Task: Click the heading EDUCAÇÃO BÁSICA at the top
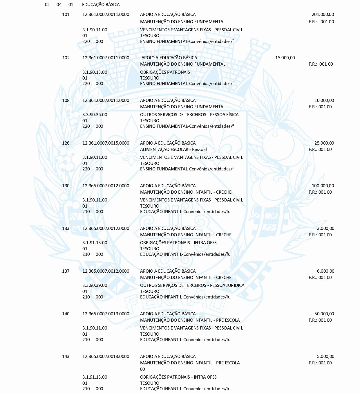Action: pyautogui.click(x=101, y=5)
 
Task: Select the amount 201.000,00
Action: pyautogui.click(x=323, y=15)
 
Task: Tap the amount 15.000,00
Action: pyautogui.click(x=285, y=58)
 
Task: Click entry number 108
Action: pyautogui.click(x=66, y=100)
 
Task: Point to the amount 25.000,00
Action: pyautogui.click(x=324, y=143)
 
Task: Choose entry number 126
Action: pyautogui.click(x=66, y=143)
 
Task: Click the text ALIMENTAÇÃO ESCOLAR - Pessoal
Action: pyautogui.click(x=173, y=150)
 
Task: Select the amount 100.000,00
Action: pyautogui.click(x=323, y=186)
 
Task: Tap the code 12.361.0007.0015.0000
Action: pyautogui.click(x=106, y=143)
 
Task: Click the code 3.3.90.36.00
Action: pyautogui.click(x=95, y=115)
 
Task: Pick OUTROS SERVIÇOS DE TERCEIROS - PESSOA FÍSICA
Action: pyautogui.click(x=189, y=115)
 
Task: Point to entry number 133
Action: pyautogui.click(x=66, y=229)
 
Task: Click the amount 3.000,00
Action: pyautogui.click(x=325, y=229)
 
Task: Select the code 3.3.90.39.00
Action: pyautogui.click(x=95, y=285)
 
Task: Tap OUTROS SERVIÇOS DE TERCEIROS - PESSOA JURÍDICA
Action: pyautogui.click(x=192, y=285)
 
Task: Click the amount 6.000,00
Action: pyautogui.click(x=325, y=271)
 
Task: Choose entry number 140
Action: pyautogui.click(x=66, y=314)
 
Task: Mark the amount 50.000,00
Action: pyautogui.click(x=324, y=314)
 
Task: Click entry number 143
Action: pyautogui.click(x=66, y=357)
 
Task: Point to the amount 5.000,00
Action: pyautogui.click(x=325, y=357)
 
